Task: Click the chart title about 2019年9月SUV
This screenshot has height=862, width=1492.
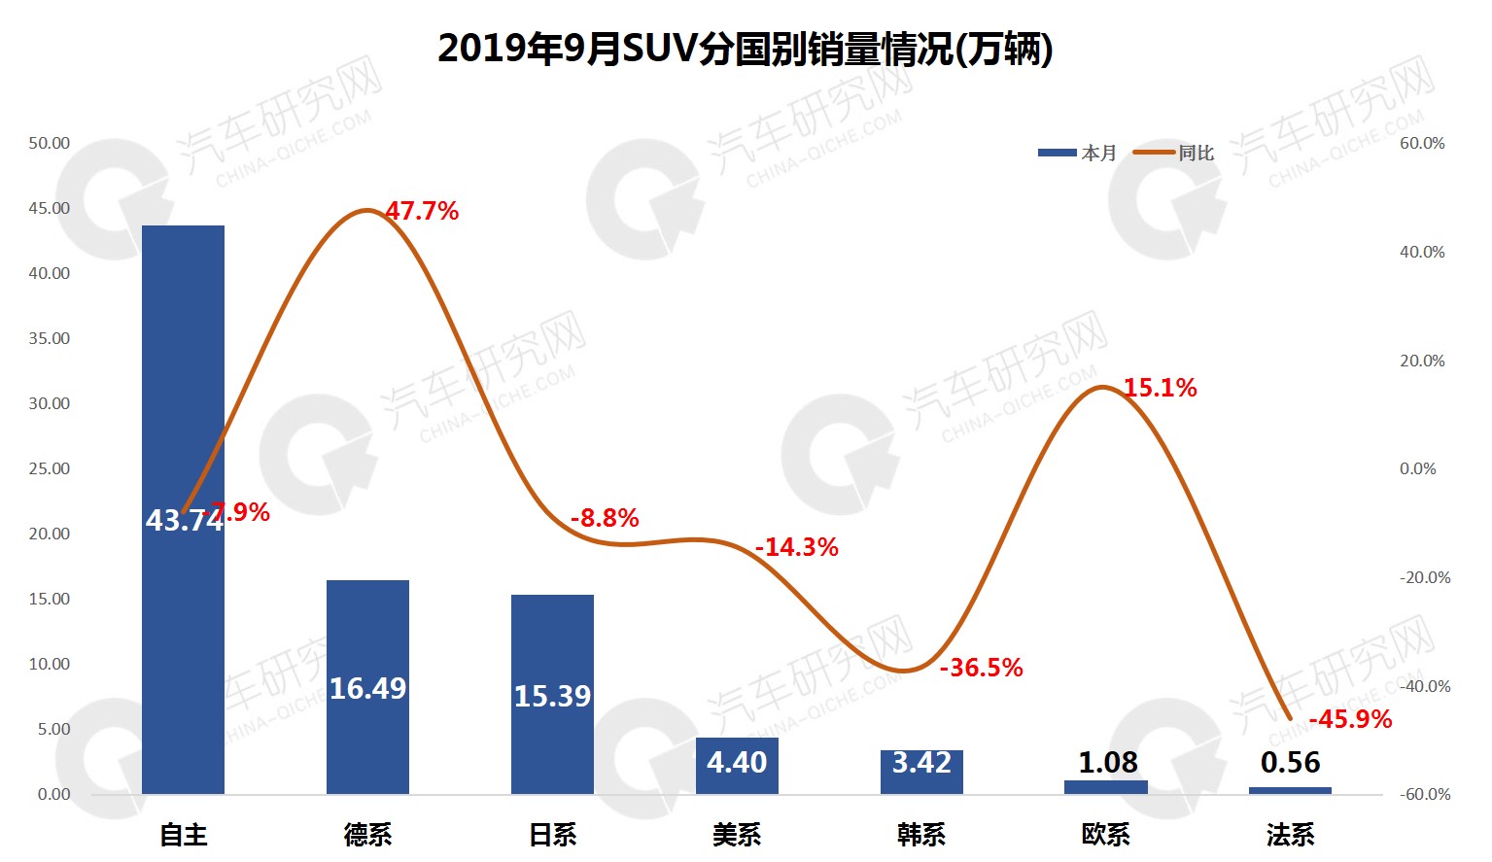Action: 745,49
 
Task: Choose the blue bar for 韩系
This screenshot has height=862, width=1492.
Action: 921,772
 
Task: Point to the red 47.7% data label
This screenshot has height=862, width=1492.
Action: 422,211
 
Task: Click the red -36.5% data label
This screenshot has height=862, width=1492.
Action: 981,668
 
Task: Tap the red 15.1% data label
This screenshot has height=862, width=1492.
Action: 1160,388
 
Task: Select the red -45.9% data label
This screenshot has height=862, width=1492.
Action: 1350,719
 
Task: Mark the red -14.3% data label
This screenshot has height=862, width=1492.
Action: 796,547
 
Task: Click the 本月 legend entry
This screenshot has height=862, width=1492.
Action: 1079,153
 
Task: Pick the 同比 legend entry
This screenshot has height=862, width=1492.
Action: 1176,153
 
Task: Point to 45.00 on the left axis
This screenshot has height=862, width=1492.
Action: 49,208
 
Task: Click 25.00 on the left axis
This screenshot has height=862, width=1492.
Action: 49,468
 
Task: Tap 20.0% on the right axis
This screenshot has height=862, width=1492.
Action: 1422,361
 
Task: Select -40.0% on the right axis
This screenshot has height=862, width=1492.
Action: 1425,686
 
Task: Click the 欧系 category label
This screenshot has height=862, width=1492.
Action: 1106,834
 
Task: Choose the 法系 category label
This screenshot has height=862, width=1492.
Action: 1291,834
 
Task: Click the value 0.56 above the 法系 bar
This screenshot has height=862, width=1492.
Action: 1291,763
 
